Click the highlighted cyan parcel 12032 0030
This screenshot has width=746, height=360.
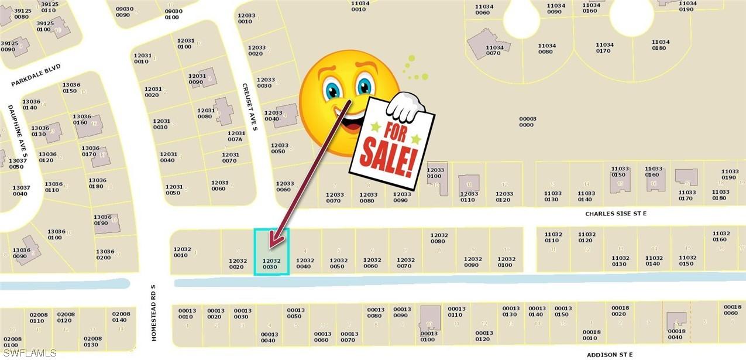271,252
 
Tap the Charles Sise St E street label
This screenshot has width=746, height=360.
616,214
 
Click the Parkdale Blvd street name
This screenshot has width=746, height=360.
36,76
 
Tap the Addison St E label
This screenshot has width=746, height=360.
610,355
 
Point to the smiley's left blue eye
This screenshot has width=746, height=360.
332,90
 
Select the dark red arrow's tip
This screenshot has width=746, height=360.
270,244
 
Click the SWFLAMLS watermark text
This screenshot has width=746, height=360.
29,353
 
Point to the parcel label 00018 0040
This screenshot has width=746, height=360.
676,334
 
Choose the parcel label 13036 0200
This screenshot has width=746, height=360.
104,255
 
